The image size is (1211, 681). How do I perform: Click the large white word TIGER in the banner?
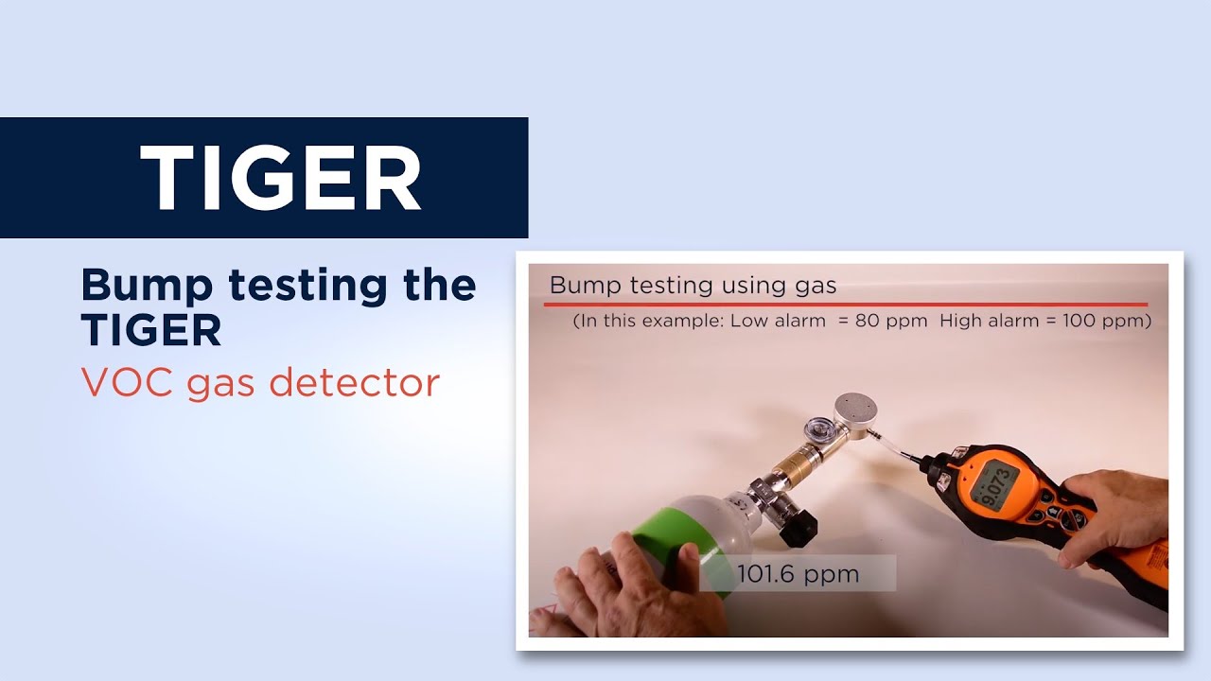click(280, 178)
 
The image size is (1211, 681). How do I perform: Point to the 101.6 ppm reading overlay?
click(798, 573)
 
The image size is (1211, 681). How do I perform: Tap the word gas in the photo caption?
click(816, 285)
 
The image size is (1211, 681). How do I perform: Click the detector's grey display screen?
click(1001, 485)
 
